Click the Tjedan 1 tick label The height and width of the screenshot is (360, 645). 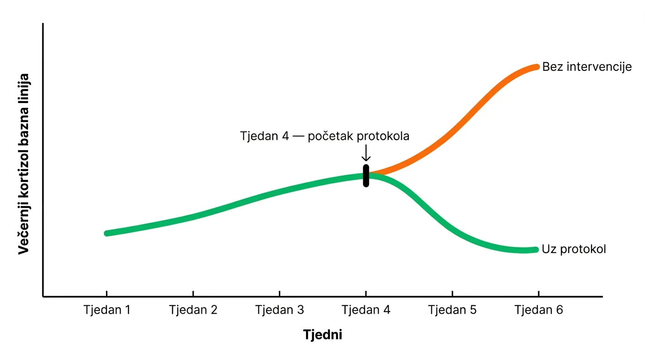(x=106, y=310)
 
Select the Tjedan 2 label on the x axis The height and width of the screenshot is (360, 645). (x=193, y=310)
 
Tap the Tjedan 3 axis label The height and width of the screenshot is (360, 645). (x=279, y=310)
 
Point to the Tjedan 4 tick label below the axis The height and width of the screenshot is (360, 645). (x=366, y=310)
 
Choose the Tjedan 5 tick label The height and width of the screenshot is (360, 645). (x=452, y=310)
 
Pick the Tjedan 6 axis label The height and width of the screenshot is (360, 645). (x=538, y=310)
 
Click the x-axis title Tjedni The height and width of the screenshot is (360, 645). (x=322, y=335)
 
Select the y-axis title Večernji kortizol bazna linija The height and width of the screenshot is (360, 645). (x=24, y=164)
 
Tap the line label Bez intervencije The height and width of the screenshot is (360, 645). (x=587, y=67)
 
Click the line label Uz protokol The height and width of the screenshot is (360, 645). (x=574, y=249)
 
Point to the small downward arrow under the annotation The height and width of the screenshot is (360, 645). (x=366, y=153)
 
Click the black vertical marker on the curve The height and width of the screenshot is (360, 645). (x=366, y=176)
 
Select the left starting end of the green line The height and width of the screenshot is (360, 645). (x=107, y=233)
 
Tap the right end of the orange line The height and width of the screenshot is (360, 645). (x=537, y=67)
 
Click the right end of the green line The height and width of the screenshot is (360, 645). (x=536, y=249)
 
